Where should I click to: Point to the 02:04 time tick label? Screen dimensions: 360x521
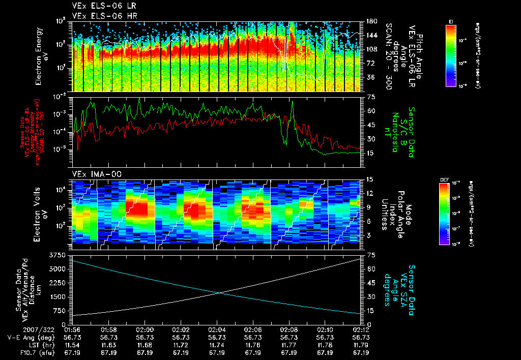(x=217, y=329)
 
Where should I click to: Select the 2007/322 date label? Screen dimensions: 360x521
(x=20, y=329)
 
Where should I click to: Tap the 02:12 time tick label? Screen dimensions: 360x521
(x=361, y=329)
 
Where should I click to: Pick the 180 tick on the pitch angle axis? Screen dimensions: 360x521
(x=370, y=21)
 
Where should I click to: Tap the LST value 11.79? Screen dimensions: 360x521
(x=361, y=345)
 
